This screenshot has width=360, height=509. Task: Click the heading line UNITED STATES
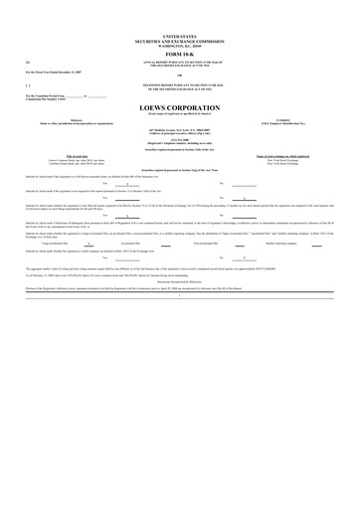180,33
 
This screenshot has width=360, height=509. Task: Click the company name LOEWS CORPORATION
180,108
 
